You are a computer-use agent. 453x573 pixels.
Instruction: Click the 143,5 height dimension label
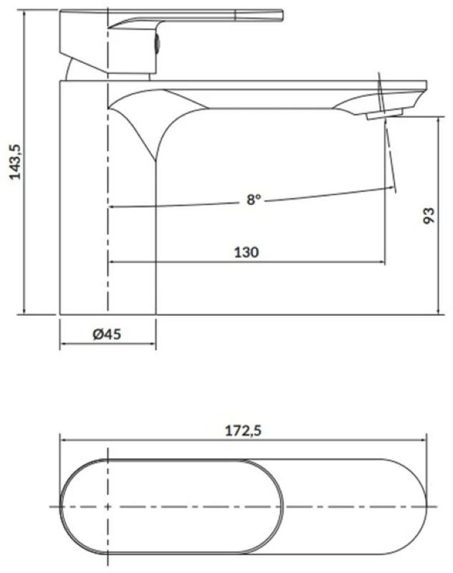(15, 161)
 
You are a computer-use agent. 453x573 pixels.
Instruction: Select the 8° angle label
(254, 200)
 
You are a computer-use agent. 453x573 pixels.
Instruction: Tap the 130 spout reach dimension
(247, 252)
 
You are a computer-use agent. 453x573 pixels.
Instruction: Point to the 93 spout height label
(429, 216)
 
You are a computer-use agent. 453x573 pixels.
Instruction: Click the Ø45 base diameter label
(107, 334)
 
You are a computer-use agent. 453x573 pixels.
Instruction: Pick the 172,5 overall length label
(243, 431)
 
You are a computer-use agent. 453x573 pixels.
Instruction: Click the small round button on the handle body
(156, 44)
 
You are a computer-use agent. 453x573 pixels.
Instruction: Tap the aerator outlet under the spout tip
(384, 114)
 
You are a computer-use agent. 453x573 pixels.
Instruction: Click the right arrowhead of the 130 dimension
(382, 261)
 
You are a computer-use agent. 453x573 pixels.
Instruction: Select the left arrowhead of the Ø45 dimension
(63, 344)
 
